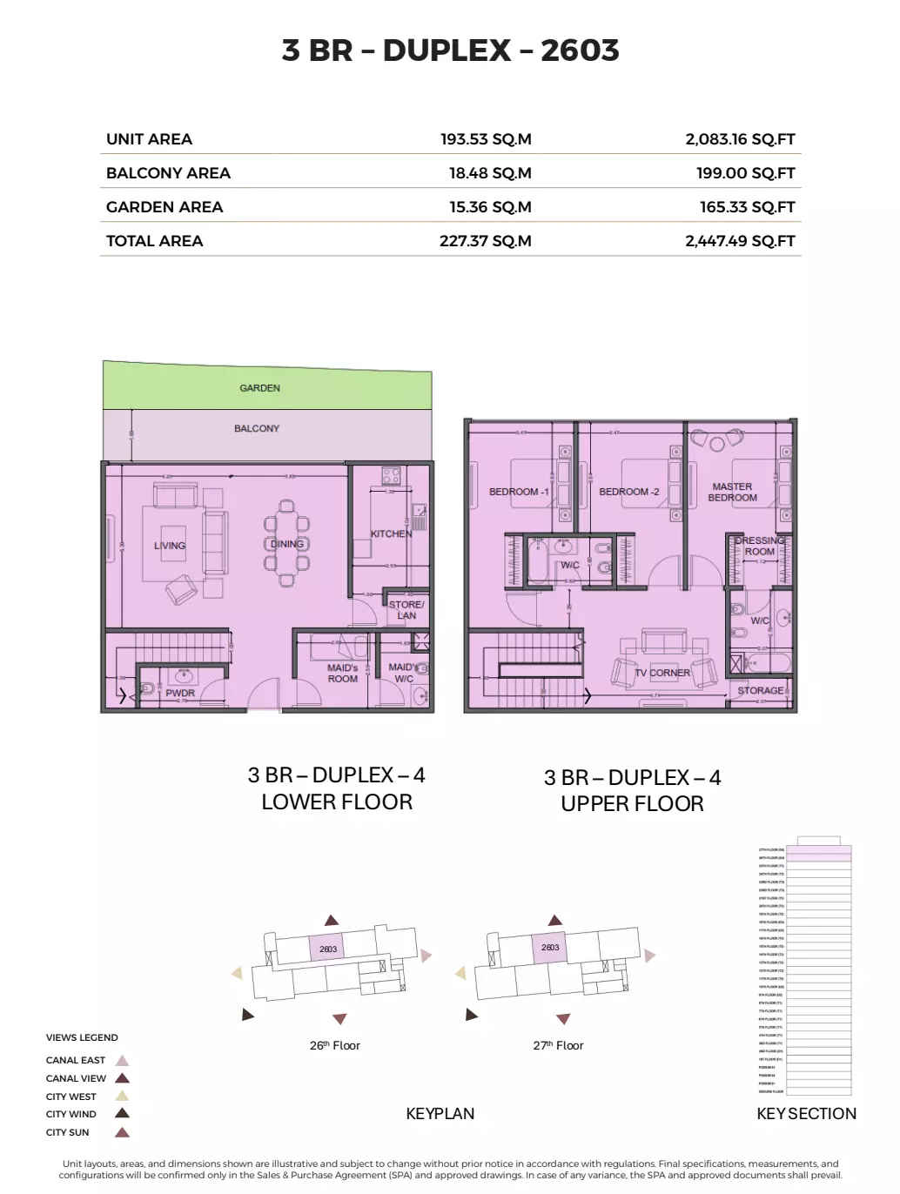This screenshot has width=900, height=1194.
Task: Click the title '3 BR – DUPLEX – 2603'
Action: pos(450,50)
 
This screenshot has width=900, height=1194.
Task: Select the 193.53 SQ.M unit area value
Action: pos(485,139)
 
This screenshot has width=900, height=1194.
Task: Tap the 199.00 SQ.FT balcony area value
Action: pos(745,173)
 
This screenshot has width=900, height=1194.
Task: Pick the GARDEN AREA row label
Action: pos(165,207)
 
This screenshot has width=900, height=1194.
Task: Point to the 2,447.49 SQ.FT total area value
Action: pos(740,241)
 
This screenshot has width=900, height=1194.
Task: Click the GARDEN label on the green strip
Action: pos(259,388)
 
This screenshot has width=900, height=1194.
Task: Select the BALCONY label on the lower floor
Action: pos(257,428)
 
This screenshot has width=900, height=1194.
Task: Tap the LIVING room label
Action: pos(170,546)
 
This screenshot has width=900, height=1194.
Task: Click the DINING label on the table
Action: pos(286,544)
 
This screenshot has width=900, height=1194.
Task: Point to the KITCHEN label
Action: pos(391,533)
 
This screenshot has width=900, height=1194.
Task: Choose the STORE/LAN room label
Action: pos(406,610)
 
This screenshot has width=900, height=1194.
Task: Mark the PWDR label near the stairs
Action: pos(180,694)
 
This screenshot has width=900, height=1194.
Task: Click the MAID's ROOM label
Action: pos(342,674)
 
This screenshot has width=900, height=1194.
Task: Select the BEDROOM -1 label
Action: pos(519,492)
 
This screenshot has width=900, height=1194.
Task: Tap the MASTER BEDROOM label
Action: pos(732,493)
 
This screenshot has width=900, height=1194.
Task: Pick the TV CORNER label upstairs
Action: pos(662,673)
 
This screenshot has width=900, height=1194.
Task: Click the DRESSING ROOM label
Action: pos(759,546)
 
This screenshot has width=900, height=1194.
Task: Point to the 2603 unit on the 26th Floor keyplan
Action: pos(328,949)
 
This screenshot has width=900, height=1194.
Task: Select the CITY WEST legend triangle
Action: pos(122,1097)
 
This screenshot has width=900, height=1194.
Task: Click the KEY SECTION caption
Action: pos(806,1114)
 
